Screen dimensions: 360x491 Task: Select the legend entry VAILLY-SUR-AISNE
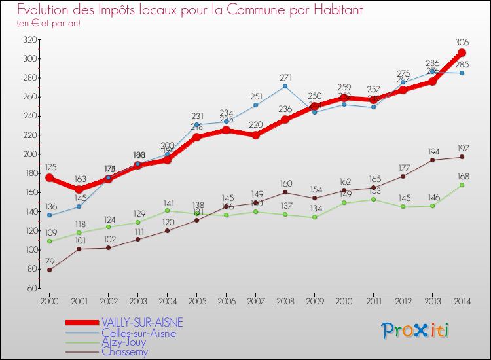(142, 322)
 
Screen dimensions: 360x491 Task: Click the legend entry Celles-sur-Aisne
(139, 333)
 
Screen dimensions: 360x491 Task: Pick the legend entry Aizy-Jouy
(124, 342)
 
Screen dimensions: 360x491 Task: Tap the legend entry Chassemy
(124, 351)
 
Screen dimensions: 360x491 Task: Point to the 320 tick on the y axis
(28, 39)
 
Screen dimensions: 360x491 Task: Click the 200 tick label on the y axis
(28, 154)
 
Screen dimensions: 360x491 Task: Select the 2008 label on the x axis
(285, 300)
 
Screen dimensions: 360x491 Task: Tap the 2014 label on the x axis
(462, 300)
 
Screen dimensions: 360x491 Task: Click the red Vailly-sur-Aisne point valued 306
(462, 53)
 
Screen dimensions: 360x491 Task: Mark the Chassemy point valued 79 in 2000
(49, 270)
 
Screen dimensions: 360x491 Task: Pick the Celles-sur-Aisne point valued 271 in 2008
(285, 86)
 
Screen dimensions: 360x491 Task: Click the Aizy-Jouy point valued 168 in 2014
(462, 185)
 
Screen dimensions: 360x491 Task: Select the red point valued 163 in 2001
(79, 189)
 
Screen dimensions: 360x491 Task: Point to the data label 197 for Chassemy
(462, 148)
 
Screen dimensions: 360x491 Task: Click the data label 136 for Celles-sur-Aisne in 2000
(49, 206)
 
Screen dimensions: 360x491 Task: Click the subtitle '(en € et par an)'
(49, 23)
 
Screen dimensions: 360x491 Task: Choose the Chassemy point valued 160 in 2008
(285, 192)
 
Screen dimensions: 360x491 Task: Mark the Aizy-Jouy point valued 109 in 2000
(49, 241)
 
